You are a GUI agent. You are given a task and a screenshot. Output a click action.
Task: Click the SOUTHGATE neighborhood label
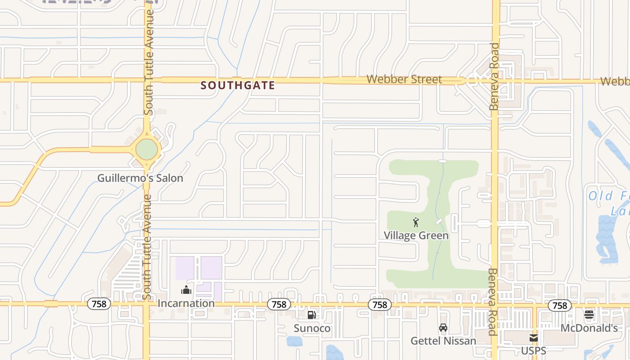[238, 85]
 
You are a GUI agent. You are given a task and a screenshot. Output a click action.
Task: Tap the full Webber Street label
[404, 79]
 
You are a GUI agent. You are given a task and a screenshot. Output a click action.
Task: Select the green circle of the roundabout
[147, 149]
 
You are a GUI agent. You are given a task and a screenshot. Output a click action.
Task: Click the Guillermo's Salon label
[140, 178]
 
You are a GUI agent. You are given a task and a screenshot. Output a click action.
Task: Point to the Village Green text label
[416, 235]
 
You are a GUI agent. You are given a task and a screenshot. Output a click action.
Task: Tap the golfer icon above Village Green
[416, 222]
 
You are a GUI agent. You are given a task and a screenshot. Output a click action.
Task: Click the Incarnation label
[186, 303]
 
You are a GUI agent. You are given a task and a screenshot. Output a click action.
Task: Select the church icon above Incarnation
[186, 290]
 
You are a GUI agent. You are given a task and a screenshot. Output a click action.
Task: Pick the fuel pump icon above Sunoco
[311, 315]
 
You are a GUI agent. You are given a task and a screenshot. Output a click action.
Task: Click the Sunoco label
[312, 328]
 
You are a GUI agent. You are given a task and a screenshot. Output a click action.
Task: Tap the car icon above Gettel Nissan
[443, 328]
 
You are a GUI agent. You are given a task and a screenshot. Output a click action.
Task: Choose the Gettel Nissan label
[443, 341]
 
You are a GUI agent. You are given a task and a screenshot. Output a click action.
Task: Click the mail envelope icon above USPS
[534, 337]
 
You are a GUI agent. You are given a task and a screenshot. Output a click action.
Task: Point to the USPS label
[534, 351]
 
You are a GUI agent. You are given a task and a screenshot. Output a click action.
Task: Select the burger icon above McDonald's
[589, 315]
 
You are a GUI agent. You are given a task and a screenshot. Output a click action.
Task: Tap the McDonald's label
[589, 328]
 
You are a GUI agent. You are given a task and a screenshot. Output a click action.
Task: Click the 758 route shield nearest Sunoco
[279, 305]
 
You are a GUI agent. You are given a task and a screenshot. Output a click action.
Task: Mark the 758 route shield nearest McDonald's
[560, 306]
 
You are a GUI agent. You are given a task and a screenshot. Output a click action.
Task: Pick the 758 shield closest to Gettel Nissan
[380, 305]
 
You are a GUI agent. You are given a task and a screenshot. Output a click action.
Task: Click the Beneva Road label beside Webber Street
[495, 76]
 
